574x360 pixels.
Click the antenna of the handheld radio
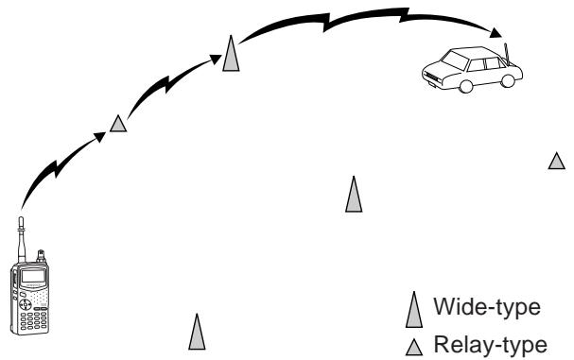pyautogui.click(x=21, y=240)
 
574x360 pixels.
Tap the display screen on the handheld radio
pyautogui.click(x=33, y=276)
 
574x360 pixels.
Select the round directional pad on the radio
pyautogui.click(x=25, y=304)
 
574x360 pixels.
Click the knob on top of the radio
pyautogui.click(x=41, y=256)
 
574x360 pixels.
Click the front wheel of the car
pyautogui.click(x=465, y=86)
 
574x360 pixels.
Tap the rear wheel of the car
pyautogui.click(x=508, y=80)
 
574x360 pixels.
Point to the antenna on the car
pyautogui.click(x=507, y=53)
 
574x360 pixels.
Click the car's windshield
pyautogui.click(x=455, y=60)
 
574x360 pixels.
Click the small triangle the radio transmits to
pyautogui.click(x=118, y=124)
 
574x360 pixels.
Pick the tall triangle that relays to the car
pyautogui.click(x=231, y=54)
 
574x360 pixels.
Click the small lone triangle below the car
pyautogui.click(x=556, y=161)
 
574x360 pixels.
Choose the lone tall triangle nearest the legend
pyautogui.click(x=354, y=195)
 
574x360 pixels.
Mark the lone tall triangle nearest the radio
pyautogui.click(x=197, y=332)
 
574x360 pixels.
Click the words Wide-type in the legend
pyautogui.click(x=487, y=306)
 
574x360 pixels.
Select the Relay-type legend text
pyautogui.click(x=491, y=345)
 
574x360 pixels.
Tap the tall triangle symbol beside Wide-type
pyautogui.click(x=414, y=310)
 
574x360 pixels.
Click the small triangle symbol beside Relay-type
pyautogui.click(x=414, y=347)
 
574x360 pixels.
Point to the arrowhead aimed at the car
pyautogui.click(x=496, y=33)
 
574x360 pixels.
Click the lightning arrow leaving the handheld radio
pyautogui.click(x=57, y=167)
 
